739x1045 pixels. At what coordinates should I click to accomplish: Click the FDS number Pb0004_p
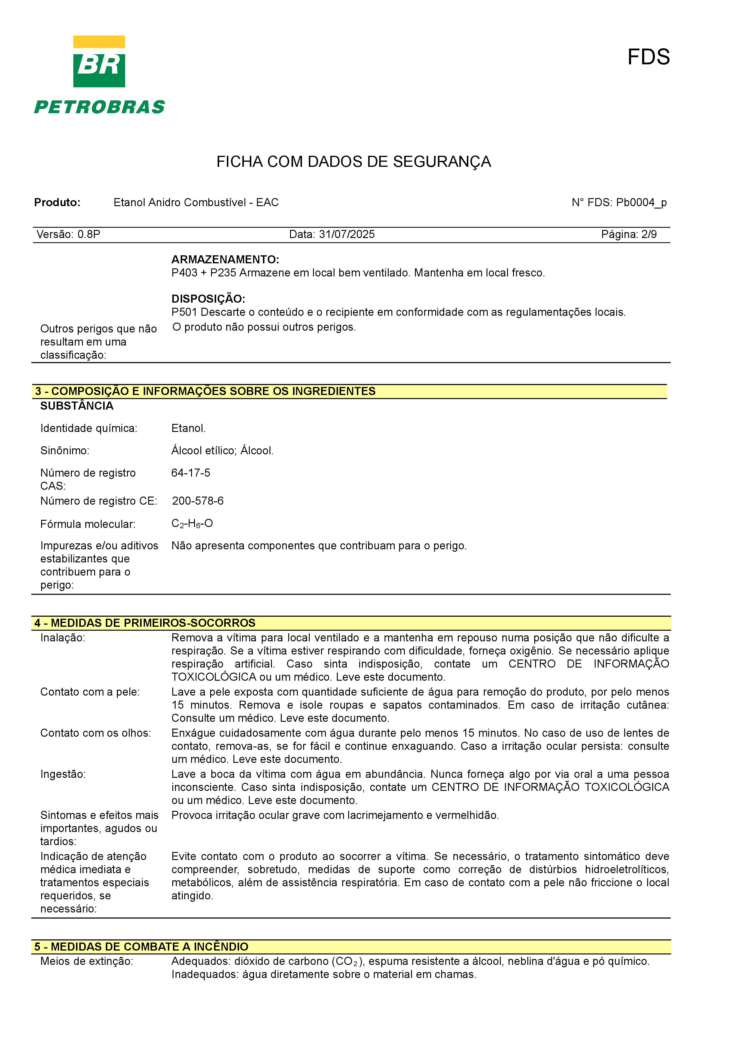(x=641, y=203)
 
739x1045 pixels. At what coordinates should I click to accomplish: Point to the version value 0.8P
(x=89, y=234)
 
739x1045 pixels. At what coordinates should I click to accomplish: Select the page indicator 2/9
(x=649, y=234)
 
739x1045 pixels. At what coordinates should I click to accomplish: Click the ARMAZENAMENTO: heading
(x=225, y=259)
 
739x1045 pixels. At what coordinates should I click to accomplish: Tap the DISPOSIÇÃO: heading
(x=208, y=298)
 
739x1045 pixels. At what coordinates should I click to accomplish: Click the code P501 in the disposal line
(x=185, y=312)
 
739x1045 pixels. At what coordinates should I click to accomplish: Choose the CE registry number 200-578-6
(x=198, y=501)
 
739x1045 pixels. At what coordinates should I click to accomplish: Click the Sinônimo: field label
(x=65, y=451)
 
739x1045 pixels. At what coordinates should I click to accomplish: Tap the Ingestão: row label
(x=63, y=774)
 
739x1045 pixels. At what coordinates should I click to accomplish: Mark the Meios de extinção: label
(x=86, y=961)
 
